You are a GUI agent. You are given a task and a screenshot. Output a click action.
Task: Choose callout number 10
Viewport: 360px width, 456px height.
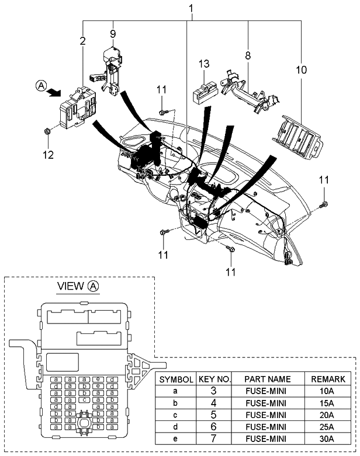pos(301,69)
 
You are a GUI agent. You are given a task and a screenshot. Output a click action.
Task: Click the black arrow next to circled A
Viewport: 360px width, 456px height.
pos(54,91)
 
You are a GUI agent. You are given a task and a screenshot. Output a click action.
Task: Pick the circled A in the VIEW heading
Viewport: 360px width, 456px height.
pos(94,286)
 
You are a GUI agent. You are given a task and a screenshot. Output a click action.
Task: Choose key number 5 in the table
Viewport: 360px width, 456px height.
pos(215,415)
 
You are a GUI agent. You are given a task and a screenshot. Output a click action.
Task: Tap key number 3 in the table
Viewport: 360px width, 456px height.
pos(215,391)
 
